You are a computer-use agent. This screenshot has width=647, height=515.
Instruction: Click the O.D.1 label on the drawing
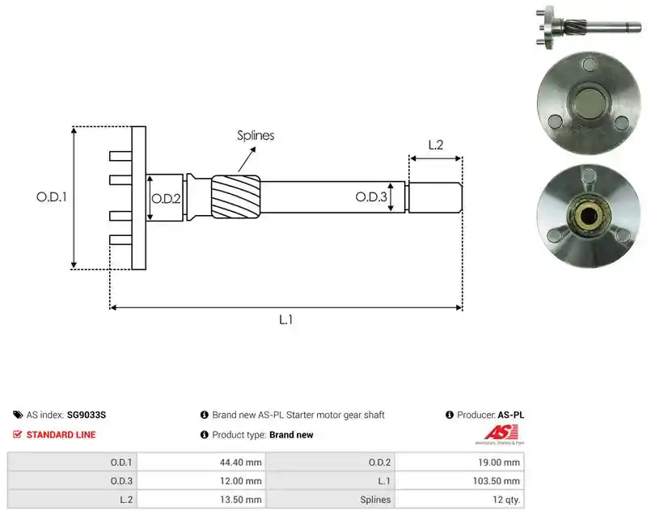click(52, 197)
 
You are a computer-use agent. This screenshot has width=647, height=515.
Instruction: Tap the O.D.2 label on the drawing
click(166, 199)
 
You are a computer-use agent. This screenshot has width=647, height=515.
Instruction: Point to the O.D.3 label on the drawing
click(371, 196)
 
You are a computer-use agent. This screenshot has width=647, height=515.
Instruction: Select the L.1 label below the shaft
click(285, 319)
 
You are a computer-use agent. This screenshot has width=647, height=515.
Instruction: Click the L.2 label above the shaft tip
click(436, 145)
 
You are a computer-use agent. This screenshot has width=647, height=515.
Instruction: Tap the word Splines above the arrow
click(256, 135)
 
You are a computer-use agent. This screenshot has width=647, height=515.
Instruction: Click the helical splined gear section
click(235, 197)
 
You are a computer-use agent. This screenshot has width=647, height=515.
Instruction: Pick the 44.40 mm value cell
click(201, 462)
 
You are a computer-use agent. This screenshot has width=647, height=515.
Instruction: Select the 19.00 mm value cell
click(459, 462)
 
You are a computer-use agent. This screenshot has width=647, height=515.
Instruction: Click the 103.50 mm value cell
click(459, 481)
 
